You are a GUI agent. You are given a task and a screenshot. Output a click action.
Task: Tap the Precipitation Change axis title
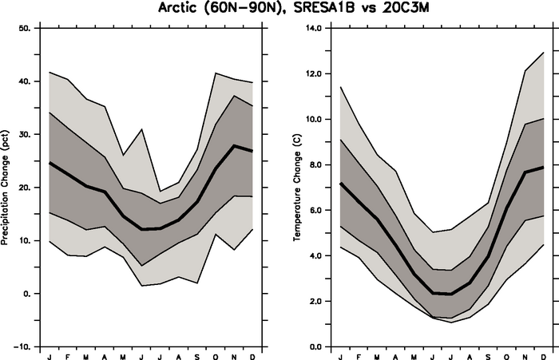[6, 187]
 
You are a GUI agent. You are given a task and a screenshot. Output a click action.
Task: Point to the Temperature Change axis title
[297, 187]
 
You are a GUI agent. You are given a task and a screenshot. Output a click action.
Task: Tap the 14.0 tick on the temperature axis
[313, 29]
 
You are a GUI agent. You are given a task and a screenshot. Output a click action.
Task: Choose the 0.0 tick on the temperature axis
[314, 347]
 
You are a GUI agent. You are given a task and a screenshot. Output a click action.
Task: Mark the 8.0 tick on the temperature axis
[314, 165]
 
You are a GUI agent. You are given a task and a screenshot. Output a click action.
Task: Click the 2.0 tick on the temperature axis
[314, 302]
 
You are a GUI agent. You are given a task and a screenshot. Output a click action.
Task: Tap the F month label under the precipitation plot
[69, 355]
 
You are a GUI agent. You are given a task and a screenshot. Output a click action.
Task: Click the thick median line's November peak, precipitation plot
[233, 145]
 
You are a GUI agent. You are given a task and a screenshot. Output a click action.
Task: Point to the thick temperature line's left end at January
[341, 184]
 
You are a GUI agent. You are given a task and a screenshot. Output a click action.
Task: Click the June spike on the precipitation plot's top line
[142, 129]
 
